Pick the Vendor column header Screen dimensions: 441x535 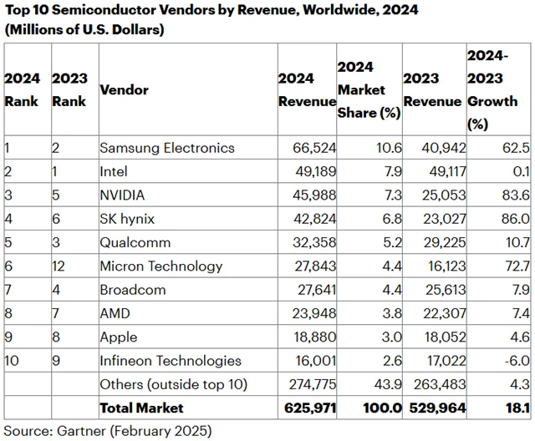124,89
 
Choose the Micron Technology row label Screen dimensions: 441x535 160,266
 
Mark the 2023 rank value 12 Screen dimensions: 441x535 59,266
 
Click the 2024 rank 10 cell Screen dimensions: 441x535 12,361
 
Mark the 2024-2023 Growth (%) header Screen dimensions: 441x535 497,89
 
